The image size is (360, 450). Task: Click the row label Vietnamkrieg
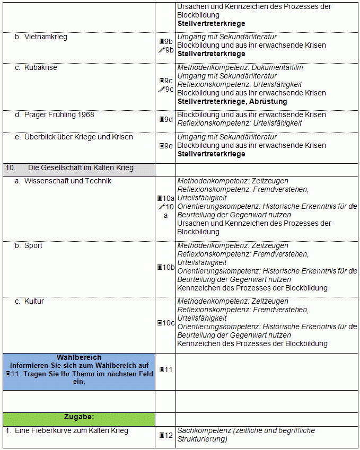point(46,37)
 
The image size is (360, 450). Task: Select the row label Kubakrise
point(40,68)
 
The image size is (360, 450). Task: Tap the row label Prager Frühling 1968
point(59,115)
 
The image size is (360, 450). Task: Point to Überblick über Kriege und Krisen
point(78,137)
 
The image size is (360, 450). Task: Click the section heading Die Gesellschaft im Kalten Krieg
point(81,168)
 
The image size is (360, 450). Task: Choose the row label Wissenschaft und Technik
point(68,181)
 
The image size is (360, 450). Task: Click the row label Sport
point(33,246)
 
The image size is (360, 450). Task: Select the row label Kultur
point(34,302)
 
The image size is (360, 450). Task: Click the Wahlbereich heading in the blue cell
point(79,358)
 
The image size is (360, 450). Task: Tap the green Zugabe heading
point(79,417)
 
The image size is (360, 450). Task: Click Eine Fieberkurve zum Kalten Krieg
point(71,431)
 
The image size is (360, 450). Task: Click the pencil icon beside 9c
point(161,89)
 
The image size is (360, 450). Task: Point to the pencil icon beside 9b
point(161,50)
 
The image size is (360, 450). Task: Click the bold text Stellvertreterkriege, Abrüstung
point(232,102)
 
